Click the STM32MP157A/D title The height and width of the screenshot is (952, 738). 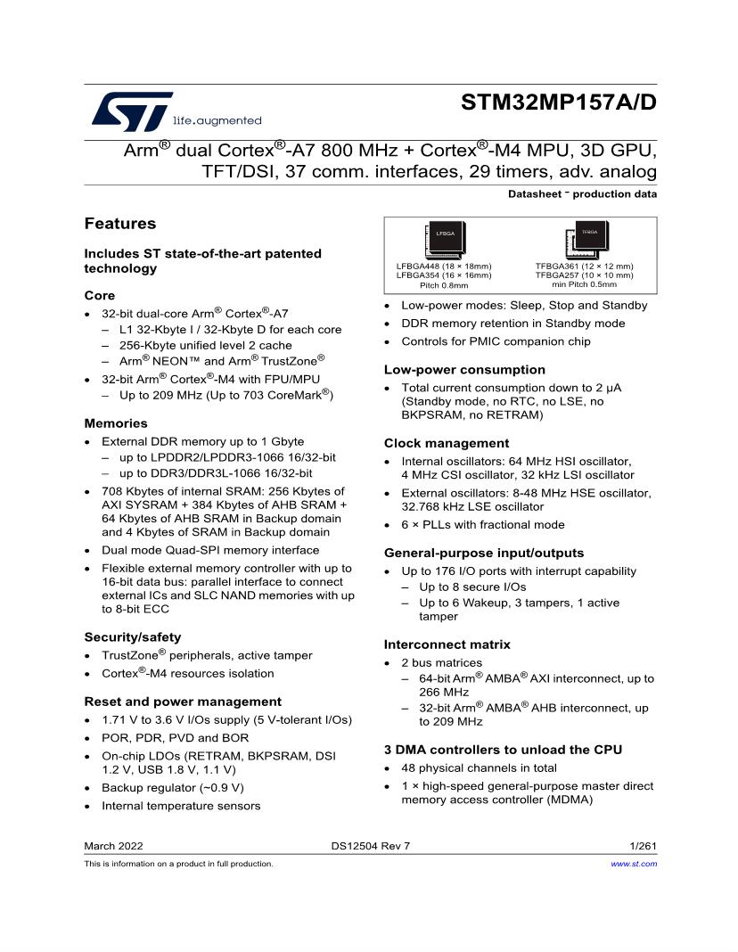559,103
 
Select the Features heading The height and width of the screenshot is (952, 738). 120,224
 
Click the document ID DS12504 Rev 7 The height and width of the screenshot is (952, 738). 370,846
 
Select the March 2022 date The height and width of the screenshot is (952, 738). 113,846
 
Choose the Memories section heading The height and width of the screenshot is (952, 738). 116,423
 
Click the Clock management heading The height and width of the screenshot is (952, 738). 447,443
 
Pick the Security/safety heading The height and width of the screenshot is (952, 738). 133,637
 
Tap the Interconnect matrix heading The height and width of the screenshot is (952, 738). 447,644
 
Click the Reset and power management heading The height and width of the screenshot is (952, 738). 183,702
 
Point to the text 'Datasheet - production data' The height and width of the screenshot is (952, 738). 582,194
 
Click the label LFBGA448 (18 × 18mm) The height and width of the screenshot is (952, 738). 444,266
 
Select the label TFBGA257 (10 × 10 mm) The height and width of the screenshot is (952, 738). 584,275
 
